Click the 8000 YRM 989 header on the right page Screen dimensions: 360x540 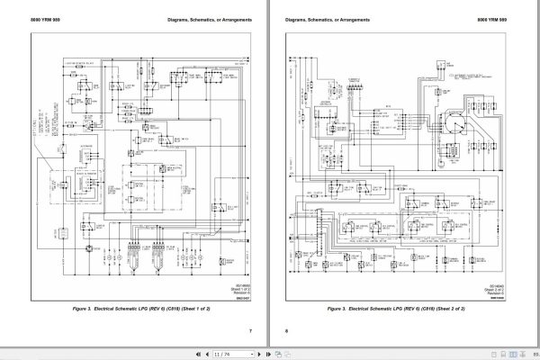click(506, 18)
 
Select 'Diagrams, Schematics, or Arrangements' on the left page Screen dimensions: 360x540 click(200, 18)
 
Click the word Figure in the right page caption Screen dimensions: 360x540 click(347, 310)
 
